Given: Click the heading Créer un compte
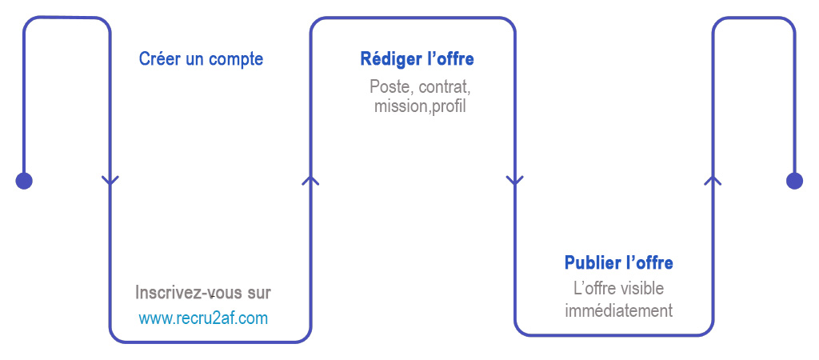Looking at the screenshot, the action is (201, 59).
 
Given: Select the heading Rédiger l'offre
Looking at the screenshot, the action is (417, 59).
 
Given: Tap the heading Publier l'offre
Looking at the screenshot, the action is (619, 262).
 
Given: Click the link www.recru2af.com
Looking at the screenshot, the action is (203, 318).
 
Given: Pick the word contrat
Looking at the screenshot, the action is (445, 86).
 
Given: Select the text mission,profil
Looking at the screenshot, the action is (420, 106).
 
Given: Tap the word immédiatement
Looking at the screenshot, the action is (619, 311).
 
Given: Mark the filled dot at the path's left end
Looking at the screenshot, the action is (24, 181).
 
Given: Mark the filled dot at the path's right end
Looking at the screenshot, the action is (794, 181).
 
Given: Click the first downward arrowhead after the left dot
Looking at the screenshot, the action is (110, 181).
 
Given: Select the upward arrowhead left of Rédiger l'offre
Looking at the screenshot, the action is (311, 180).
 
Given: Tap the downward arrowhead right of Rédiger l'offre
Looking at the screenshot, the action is (515, 181).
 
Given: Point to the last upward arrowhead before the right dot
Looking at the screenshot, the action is (713, 180).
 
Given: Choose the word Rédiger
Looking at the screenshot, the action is (387, 59).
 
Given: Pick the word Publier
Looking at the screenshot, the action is (589, 262).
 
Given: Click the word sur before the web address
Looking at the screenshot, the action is (259, 294).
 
